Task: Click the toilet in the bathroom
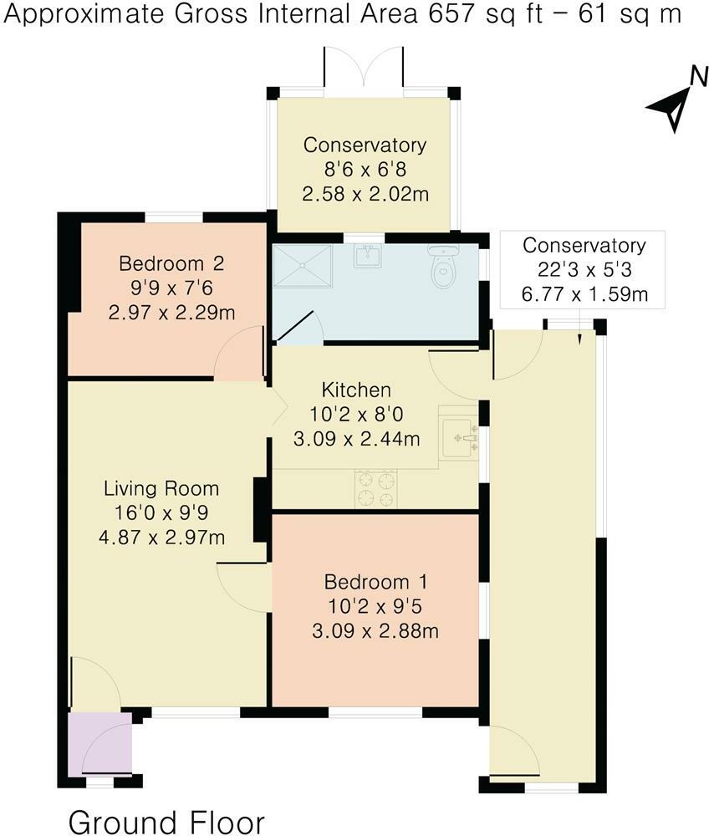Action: [441, 265]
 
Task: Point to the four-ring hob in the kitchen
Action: [376, 489]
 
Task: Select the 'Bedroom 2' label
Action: [171, 264]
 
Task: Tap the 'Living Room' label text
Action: [161, 488]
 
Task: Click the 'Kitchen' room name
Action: [356, 390]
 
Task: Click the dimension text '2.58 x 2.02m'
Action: [365, 194]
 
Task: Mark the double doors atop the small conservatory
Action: [365, 69]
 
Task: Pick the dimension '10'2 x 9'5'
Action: [375, 605]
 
